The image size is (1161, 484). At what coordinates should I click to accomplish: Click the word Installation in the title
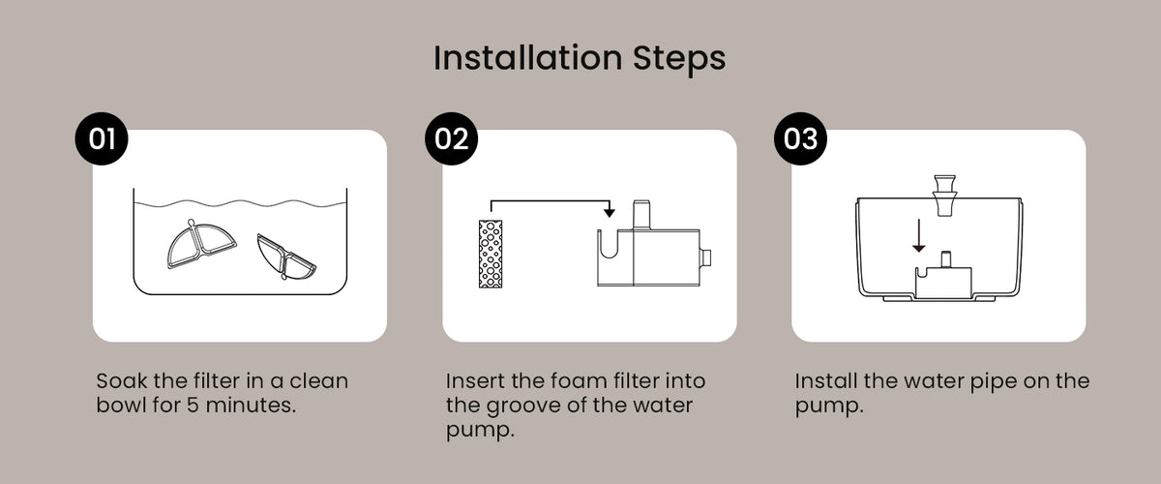point(527,57)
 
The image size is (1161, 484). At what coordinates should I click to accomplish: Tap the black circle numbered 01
point(102,138)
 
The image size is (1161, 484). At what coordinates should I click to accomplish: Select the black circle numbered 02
point(452,138)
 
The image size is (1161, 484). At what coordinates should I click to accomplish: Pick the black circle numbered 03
point(800,138)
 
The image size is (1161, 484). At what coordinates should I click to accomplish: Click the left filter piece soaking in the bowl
point(201,244)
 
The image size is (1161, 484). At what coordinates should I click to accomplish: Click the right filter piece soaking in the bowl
point(285,257)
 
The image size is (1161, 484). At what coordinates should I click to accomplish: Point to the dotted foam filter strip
point(491,254)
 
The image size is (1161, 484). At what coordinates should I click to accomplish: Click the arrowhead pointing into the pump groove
point(610,212)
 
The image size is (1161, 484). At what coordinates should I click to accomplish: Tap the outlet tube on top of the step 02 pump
point(641,215)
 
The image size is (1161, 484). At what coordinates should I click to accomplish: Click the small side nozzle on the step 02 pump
point(705,257)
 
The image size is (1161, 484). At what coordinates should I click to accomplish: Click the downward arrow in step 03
point(919,235)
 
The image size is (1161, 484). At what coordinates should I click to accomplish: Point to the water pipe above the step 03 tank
point(944,196)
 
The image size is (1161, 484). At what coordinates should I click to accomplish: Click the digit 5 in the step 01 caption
point(193,406)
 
